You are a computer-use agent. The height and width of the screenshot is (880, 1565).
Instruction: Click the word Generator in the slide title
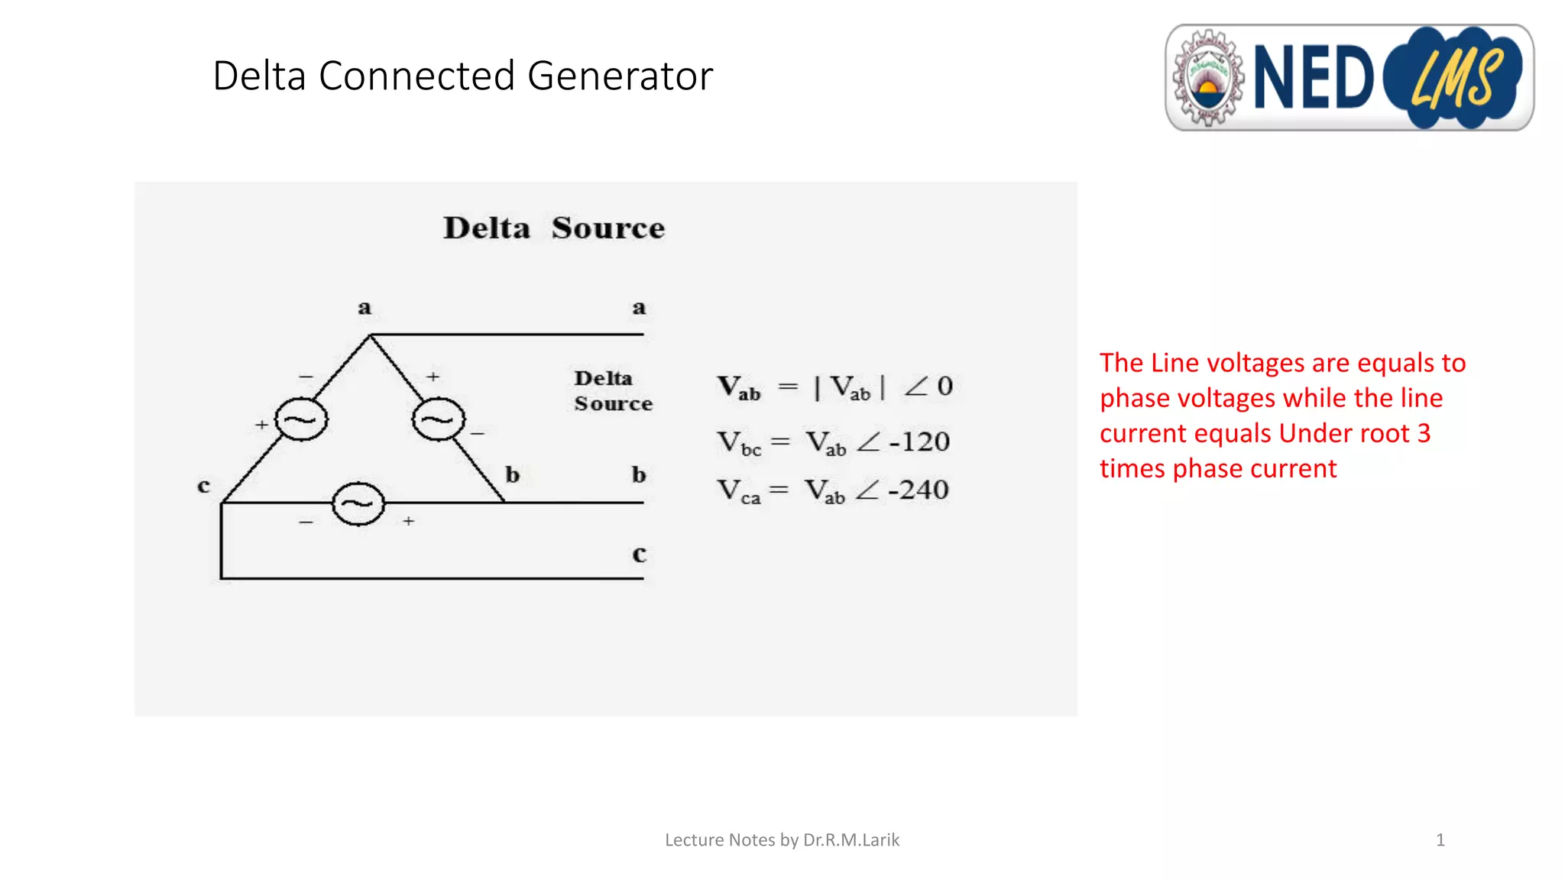[620, 76]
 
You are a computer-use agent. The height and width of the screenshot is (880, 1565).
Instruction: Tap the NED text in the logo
[1314, 77]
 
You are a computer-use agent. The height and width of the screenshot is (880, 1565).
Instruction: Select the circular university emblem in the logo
[1208, 78]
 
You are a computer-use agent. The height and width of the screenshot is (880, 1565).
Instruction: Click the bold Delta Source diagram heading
[554, 228]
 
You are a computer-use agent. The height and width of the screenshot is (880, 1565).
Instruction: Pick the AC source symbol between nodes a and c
[301, 419]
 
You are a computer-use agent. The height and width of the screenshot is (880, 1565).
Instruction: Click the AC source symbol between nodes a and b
[438, 419]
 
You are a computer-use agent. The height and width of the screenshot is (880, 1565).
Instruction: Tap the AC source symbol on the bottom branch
[358, 503]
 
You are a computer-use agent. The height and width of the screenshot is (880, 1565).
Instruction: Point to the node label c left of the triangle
[203, 486]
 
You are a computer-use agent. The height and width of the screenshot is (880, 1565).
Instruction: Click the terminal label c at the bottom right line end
[639, 554]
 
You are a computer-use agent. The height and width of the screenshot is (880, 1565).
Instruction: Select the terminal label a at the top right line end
[639, 308]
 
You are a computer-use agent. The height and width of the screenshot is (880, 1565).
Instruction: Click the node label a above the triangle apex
[365, 308]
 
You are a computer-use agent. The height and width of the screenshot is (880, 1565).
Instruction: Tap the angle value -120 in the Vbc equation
[919, 442]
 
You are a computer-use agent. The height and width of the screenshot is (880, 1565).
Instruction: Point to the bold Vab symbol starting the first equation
[738, 387]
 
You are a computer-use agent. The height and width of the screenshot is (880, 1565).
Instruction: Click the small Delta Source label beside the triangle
[613, 390]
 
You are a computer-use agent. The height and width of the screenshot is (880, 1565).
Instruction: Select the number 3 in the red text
[1424, 433]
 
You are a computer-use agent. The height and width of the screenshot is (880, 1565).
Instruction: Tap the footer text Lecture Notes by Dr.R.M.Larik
[782, 840]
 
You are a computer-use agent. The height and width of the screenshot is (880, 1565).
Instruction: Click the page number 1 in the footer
[1440, 840]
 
